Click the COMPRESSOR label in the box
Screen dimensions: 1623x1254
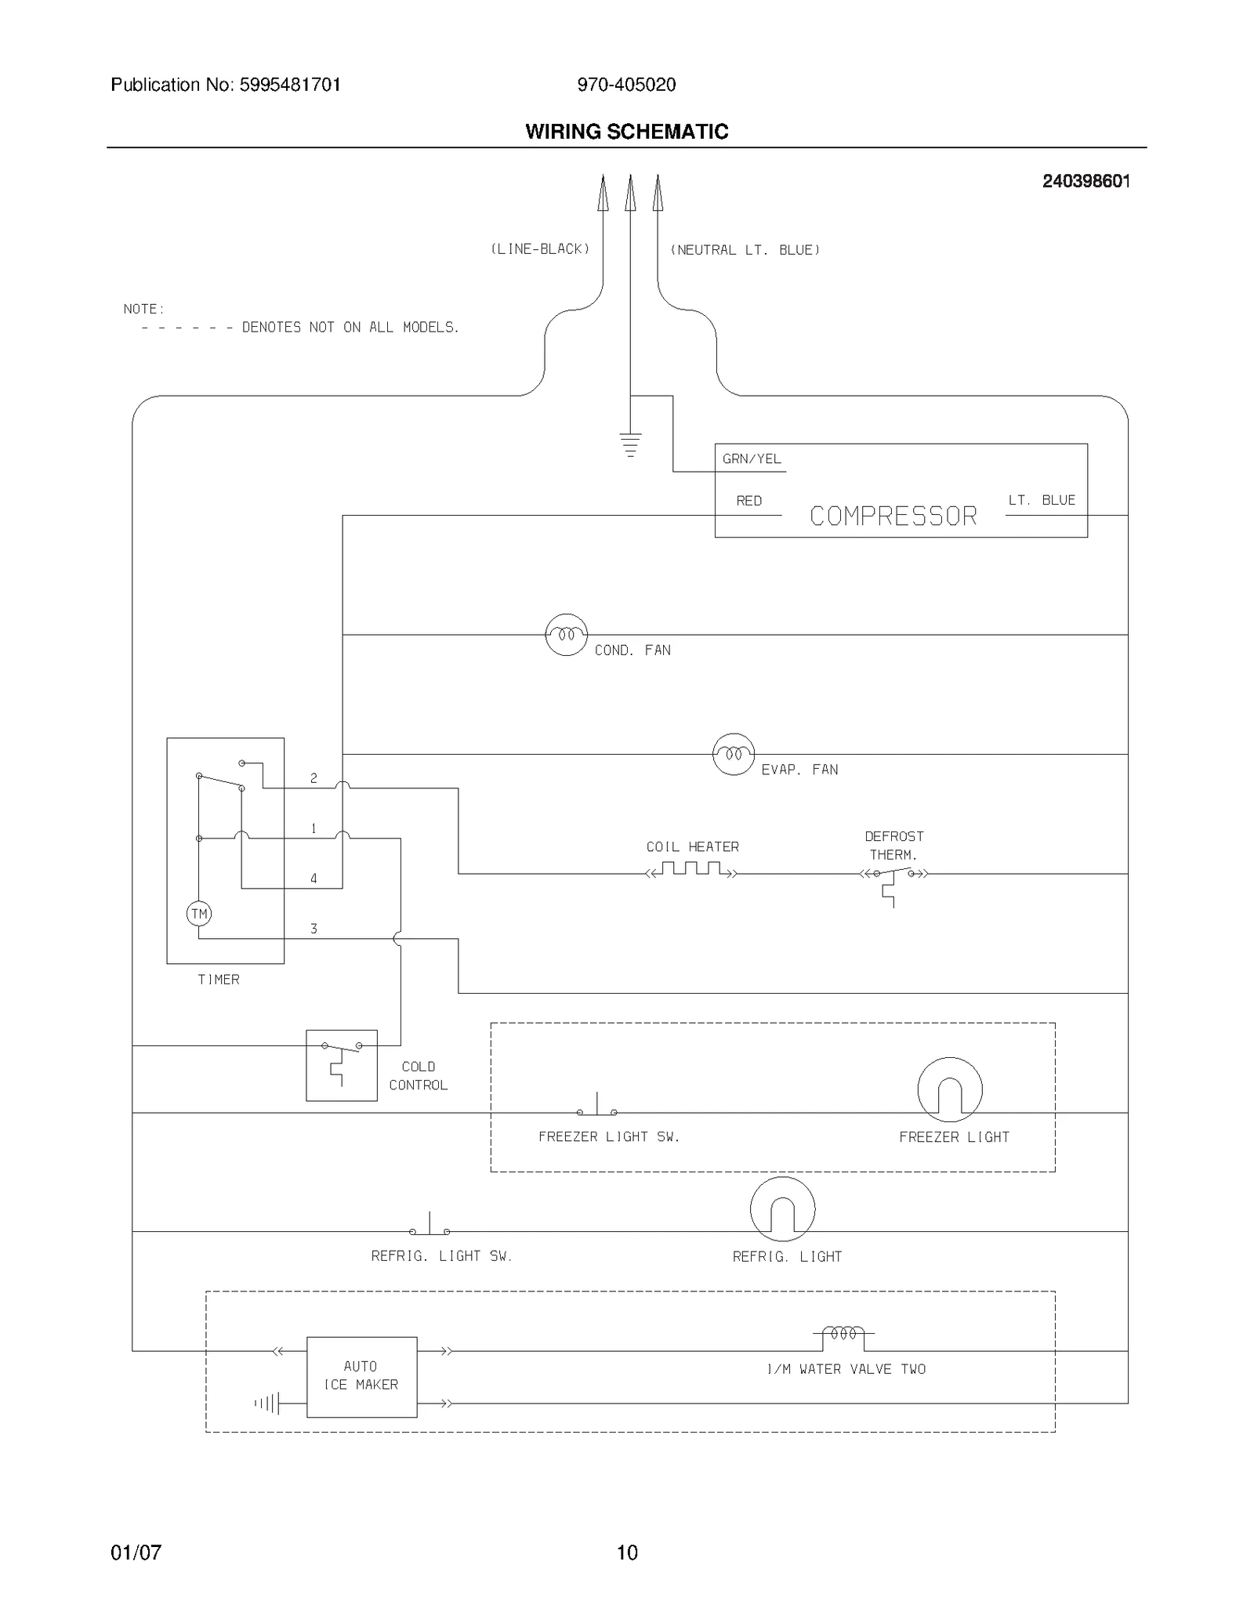[x=893, y=516]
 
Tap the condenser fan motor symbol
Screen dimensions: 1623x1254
[x=566, y=635]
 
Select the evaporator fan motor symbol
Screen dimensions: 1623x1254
[x=734, y=754]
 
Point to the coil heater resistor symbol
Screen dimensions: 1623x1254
[x=691, y=870]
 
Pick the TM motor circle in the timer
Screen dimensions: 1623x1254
[x=199, y=914]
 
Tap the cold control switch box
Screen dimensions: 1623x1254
[x=342, y=1065]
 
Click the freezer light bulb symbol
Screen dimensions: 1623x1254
[x=949, y=1089]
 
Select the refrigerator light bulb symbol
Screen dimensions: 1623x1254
[x=782, y=1209]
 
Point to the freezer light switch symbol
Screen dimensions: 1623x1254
[x=597, y=1107]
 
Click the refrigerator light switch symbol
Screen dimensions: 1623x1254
[x=429, y=1226]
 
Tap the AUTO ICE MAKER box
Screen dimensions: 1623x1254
[x=361, y=1377]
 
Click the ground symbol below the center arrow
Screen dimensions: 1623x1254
[x=630, y=444]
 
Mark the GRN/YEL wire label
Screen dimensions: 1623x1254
[x=752, y=459]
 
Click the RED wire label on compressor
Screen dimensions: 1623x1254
[x=748, y=501]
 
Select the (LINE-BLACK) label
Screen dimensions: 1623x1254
[x=540, y=249]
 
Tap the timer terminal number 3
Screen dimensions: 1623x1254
[x=313, y=929]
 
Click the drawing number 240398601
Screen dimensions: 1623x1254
[x=1085, y=181]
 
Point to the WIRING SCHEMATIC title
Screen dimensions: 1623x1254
[x=627, y=132]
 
